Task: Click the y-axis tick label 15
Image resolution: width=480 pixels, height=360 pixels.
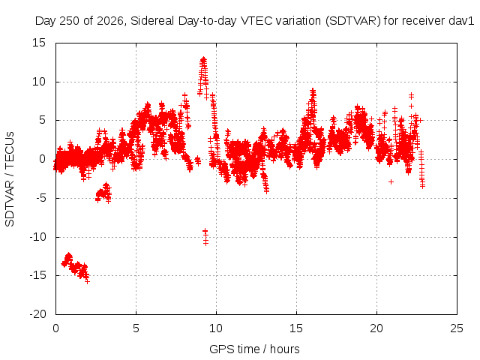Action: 39,43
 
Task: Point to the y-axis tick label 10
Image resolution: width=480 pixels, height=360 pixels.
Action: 39,82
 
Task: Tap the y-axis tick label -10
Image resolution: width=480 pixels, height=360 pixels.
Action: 37,237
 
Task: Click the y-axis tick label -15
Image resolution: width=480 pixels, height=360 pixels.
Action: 37,275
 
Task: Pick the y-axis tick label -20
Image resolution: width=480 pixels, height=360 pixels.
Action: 37,314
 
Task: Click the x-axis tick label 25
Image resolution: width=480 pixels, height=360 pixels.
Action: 457,328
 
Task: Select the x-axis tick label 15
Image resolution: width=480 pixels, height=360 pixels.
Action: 296,328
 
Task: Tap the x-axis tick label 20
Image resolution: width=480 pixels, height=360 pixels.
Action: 376,328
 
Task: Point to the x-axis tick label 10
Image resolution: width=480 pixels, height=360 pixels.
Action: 216,328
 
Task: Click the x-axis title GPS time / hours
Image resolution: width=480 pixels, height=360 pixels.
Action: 254,349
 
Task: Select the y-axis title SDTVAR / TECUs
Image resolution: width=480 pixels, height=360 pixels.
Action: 10,179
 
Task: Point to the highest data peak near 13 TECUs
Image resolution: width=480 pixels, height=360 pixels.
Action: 203,58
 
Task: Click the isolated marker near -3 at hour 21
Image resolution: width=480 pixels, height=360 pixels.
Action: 391,181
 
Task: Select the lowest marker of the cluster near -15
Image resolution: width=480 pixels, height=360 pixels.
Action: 87,281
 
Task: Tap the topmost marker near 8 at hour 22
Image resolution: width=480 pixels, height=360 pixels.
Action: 411,95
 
